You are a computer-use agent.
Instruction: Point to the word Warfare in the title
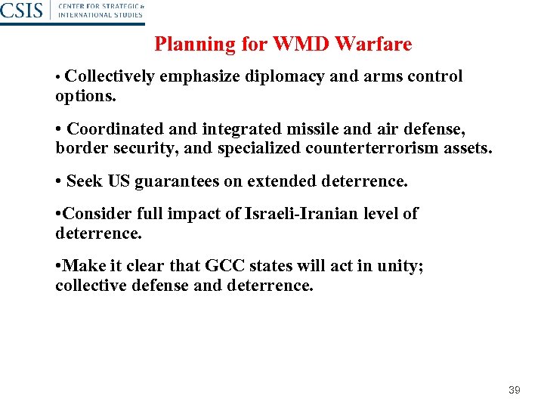pyautogui.click(x=373, y=45)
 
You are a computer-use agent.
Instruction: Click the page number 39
pyautogui.click(x=515, y=390)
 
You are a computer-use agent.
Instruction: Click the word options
pyautogui.click(x=84, y=97)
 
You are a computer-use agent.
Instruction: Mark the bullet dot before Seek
pyautogui.click(x=59, y=181)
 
